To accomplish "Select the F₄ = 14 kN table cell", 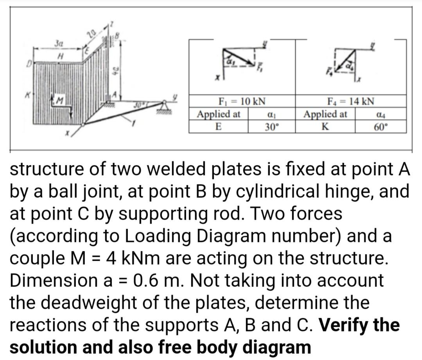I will pos(351,102).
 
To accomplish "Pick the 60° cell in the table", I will pos(381,127).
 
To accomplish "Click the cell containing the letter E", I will pos(219,127).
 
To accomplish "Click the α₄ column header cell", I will pos(381,115).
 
